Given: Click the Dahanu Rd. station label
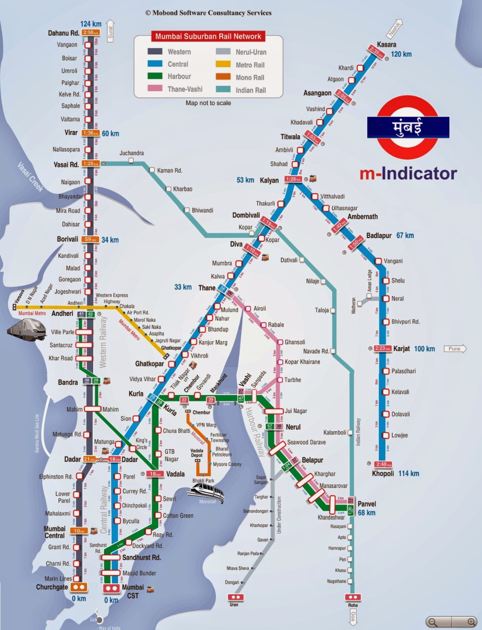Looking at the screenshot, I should click(63, 33).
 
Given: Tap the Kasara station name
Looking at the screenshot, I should click(386, 45).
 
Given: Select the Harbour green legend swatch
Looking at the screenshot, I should click(155, 76).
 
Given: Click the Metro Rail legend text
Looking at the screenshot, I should click(250, 65).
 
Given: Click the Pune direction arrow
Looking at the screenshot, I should click(455, 349).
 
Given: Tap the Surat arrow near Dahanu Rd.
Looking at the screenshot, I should click(110, 31).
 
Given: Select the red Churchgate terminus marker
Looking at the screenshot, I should click(79, 587).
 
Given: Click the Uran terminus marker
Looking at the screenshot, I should click(234, 597).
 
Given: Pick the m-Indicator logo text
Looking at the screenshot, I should click(408, 173).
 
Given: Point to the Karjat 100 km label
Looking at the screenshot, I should click(413, 349).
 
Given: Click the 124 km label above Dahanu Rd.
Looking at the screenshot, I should click(91, 24).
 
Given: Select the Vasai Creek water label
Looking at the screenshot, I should click(30, 177).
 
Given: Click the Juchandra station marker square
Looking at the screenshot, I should click(131, 161).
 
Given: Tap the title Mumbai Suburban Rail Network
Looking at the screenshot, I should click(208, 36).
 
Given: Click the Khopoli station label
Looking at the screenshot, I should click(383, 473).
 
